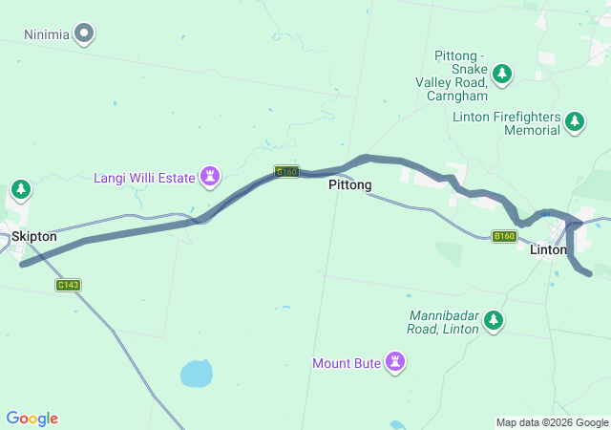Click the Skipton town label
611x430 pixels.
click(34, 236)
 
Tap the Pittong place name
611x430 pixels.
click(349, 184)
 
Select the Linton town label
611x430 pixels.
click(548, 250)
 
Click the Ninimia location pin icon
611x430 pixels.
click(84, 34)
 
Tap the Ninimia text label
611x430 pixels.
click(47, 34)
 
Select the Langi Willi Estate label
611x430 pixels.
click(144, 178)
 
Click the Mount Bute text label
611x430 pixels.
click(347, 363)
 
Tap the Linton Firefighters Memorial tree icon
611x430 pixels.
click(575, 121)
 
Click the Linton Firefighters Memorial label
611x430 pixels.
click(506, 123)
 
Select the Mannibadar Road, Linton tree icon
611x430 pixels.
click(494, 321)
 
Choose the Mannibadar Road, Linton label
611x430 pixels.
click(445, 323)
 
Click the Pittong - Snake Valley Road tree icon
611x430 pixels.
click(502, 74)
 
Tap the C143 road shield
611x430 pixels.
click(68, 285)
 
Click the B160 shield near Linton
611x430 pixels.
click(504, 236)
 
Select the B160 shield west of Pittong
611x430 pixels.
click(287, 172)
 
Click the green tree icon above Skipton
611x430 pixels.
click(21, 190)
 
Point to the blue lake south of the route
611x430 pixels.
click(196, 373)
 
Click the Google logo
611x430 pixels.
click(32, 419)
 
